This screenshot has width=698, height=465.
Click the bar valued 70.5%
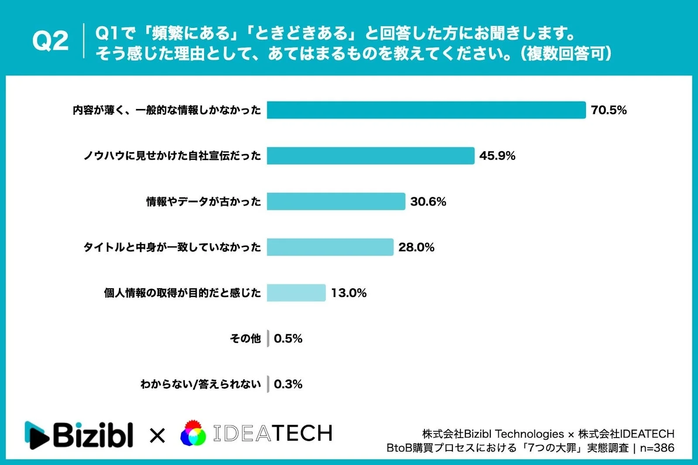pos(426,110)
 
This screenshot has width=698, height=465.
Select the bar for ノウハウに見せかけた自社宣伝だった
pos(370,156)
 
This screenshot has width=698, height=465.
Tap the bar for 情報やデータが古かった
pos(336,202)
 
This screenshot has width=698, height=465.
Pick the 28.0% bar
pos(330,247)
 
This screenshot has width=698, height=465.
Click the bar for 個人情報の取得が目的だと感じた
pos(296,293)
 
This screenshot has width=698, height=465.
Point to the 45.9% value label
pos(497,156)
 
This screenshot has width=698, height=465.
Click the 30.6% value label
pos(428,202)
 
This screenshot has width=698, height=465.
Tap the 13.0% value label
pos(349,293)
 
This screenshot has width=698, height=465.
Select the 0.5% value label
pos(288,338)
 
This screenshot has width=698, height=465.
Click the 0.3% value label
pos(288,384)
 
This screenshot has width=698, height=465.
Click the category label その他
pos(245,338)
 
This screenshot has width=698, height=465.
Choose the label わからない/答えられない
pos(201,384)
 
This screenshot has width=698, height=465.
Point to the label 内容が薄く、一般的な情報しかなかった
pos(167,110)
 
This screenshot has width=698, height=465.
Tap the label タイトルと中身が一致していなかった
pos(172,247)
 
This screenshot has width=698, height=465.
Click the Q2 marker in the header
pos(50,41)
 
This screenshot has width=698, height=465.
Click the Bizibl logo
pos(79,435)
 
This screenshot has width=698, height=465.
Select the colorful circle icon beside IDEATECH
pos(193,434)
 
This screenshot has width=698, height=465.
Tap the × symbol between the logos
pos(157,435)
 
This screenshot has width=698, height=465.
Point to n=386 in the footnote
pos(657,448)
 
